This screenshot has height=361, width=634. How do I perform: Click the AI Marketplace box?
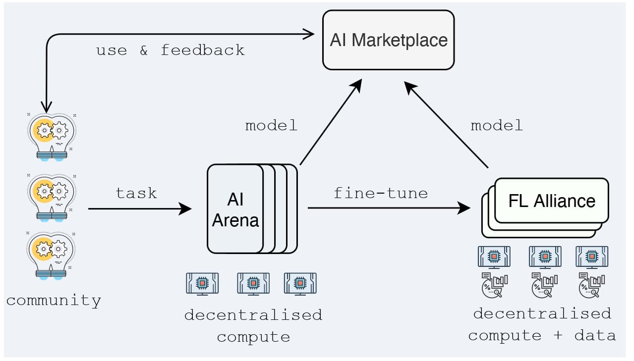(389, 40)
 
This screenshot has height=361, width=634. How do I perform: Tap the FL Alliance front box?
(551, 201)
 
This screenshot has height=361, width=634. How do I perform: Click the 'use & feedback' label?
(170, 51)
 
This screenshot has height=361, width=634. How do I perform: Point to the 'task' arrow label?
(136, 193)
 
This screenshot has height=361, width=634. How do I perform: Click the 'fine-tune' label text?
(380, 193)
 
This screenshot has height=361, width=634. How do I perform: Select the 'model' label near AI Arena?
(271, 126)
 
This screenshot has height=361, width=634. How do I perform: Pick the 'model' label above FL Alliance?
(497, 126)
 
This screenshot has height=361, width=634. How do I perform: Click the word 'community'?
(54, 301)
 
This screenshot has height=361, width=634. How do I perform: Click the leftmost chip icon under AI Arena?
(202, 284)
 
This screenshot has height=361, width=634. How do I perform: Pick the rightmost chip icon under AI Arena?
(300, 284)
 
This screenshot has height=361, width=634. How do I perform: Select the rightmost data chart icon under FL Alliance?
(592, 285)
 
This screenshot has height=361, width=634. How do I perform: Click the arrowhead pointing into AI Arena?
(185, 208)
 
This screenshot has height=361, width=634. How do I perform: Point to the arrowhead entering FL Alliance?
(464, 208)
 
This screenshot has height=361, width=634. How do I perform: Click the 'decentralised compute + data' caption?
(542, 324)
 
